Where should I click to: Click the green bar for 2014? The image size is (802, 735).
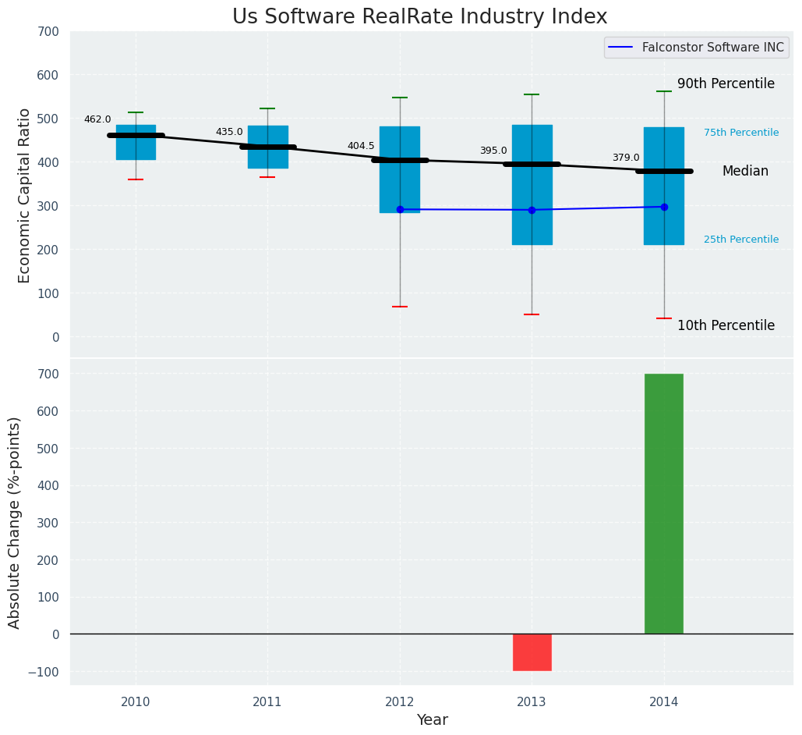[663, 503]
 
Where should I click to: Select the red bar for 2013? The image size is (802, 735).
[532, 652]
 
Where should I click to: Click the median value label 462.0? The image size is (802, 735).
[97, 120]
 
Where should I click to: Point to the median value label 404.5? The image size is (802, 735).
[361, 146]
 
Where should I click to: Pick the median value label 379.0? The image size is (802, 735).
[625, 158]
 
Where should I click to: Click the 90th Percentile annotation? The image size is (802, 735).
[726, 83]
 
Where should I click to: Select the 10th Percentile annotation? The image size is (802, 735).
[726, 325]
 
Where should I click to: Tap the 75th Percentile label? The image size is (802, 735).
[740, 133]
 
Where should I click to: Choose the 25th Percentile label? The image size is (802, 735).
[740, 240]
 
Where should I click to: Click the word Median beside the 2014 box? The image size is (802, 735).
[745, 171]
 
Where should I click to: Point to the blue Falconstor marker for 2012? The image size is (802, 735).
[400, 209]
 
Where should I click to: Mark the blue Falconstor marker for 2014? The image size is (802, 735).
[664, 207]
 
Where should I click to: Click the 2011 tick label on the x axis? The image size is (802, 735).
[267, 702]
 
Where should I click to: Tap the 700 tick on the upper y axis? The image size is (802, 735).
[48, 32]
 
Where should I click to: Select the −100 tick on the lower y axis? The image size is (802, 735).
[44, 672]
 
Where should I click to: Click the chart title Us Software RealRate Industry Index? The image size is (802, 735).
[419, 17]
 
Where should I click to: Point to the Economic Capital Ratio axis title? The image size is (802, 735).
[24, 196]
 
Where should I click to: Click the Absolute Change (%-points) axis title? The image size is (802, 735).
[15, 522]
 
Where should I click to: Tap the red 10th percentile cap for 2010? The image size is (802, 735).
[136, 179]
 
